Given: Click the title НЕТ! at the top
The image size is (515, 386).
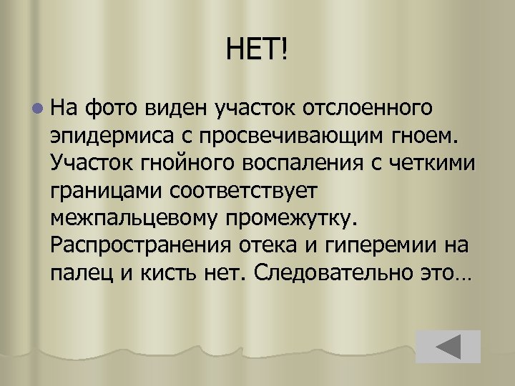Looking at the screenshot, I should (258, 51).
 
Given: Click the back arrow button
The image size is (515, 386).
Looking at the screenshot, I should (448, 346).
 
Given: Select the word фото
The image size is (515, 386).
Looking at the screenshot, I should (111, 108).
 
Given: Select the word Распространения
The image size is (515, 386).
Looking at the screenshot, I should (140, 245).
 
